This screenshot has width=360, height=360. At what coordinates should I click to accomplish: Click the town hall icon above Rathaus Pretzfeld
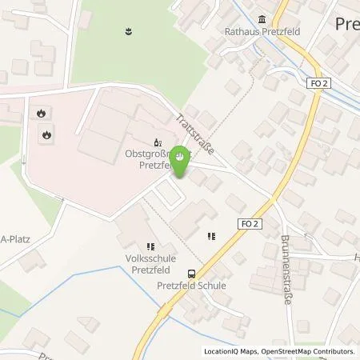[262, 21]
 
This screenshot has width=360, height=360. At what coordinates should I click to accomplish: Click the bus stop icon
[190, 272]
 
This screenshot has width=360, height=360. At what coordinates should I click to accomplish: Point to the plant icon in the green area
[128, 33]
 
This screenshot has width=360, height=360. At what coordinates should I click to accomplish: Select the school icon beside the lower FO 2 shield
[212, 236]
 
